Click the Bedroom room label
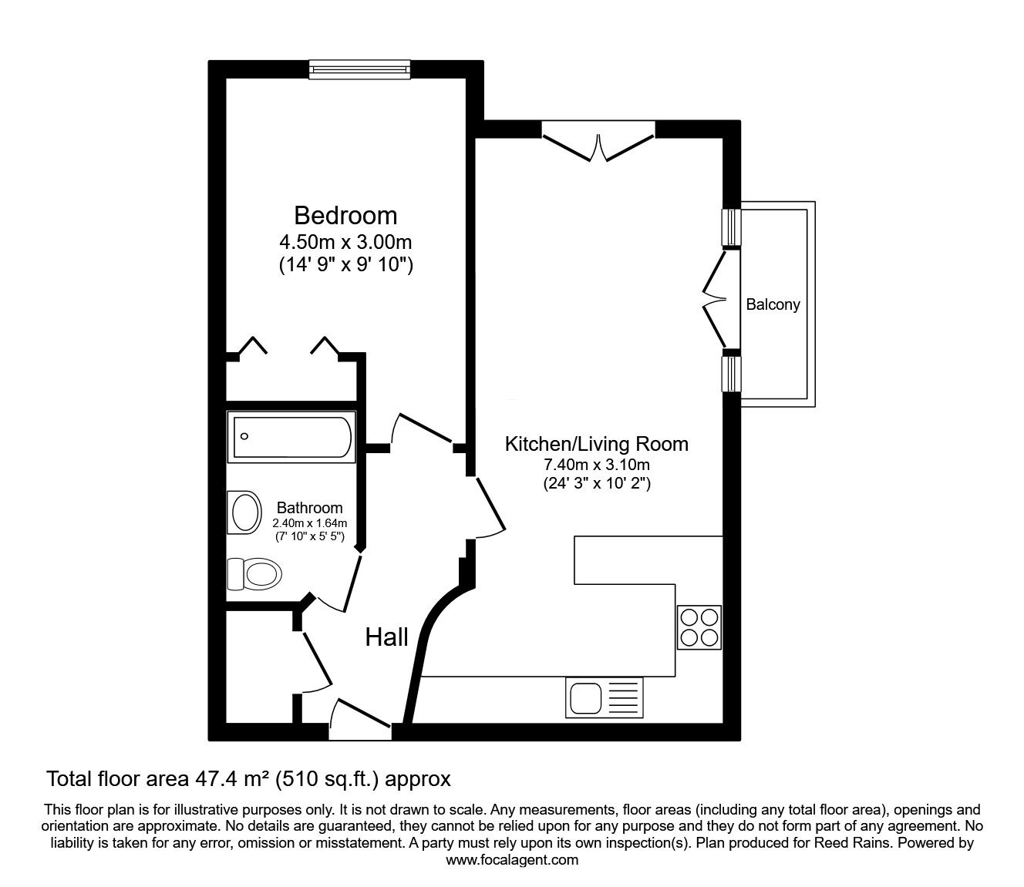(x=345, y=215)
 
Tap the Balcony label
(x=773, y=304)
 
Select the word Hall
(x=386, y=637)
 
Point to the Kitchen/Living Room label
(x=596, y=444)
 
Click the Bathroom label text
(x=309, y=508)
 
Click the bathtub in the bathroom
(x=291, y=437)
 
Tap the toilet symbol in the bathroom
(x=254, y=574)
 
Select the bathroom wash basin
(x=245, y=512)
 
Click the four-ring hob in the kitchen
(x=699, y=627)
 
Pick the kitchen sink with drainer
(x=604, y=697)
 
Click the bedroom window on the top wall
(x=359, y=70)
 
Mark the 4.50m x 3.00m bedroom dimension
(x=345, y=242)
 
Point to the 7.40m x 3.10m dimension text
(x=596, y=465)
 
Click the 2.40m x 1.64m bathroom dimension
(x=309, y=522)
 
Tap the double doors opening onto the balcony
(x=716, y=301)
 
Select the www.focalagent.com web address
(x=511, y=860)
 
